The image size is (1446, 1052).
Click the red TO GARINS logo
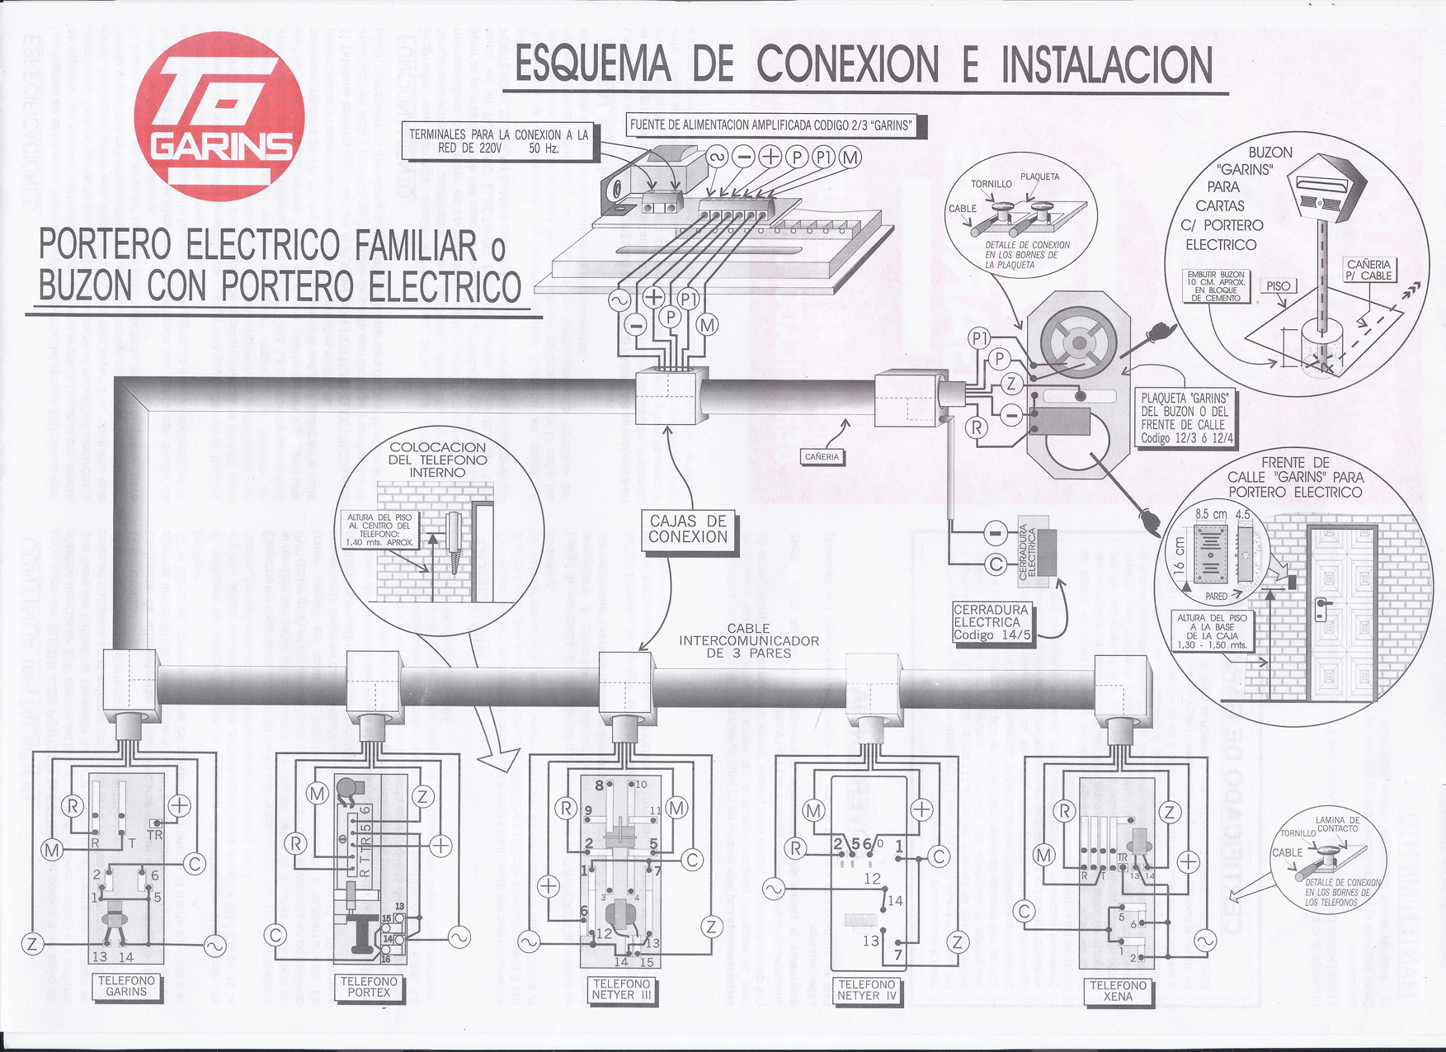[x=220, y=116]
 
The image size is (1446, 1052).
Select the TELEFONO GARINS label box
[x=126, y=986]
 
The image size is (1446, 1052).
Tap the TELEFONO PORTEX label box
[x=369, y=986]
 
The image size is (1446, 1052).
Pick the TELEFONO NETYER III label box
[x=622, y=988]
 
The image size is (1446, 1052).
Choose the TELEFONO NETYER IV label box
[x=866, y=989]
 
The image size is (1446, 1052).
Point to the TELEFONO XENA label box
[x=1118, y=990]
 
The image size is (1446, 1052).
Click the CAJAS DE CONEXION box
[x=688, y=529]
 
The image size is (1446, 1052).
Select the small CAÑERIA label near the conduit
[x=822, y=456]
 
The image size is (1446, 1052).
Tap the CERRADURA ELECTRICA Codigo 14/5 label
[x=991, y=622]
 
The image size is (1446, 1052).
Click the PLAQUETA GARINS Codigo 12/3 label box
[x=1185, y=417]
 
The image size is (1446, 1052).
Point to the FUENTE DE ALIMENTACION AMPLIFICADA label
[x=771, y=125]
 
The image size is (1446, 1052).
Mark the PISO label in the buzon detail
[x=1278, y=285]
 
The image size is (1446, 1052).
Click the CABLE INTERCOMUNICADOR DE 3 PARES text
[x=749, y=640]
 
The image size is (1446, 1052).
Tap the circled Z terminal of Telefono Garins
[x=32, y=944]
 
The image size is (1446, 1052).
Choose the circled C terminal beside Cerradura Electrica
[x=996, y=564]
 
